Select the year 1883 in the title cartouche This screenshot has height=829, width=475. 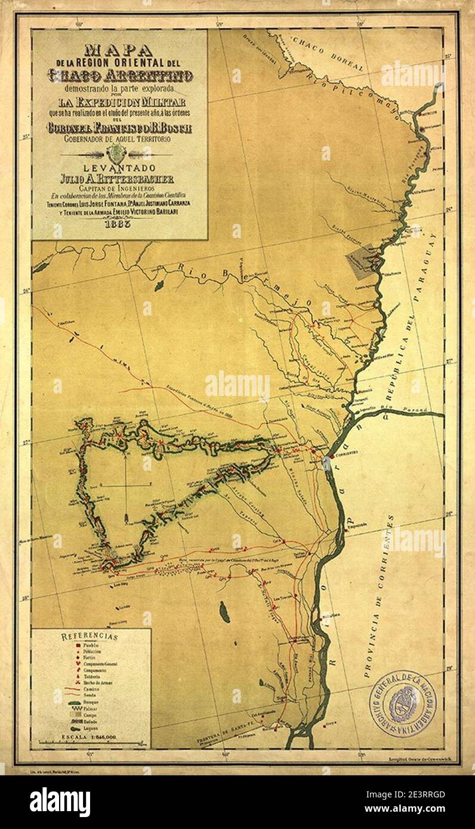(120, 225)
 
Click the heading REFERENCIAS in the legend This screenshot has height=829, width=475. (90, 636)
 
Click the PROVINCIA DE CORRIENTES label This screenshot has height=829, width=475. (378, 596)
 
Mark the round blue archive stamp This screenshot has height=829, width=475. (403, 703)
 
